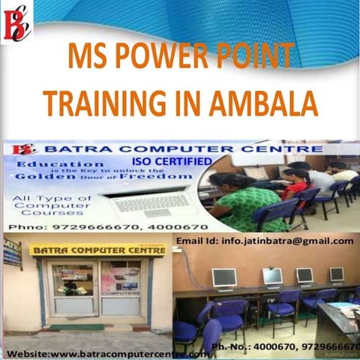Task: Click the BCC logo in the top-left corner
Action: (16, 22)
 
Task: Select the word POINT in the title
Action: (251, 57)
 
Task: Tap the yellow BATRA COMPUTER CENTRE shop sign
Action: (97, 250)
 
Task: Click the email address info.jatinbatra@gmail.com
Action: (264, 241)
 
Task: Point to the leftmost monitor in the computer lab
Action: (223, 277)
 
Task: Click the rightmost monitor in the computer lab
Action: (337, 274)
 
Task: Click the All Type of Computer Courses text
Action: (47, 204)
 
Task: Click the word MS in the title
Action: (84, 57)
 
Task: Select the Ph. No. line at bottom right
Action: (285, 346)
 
